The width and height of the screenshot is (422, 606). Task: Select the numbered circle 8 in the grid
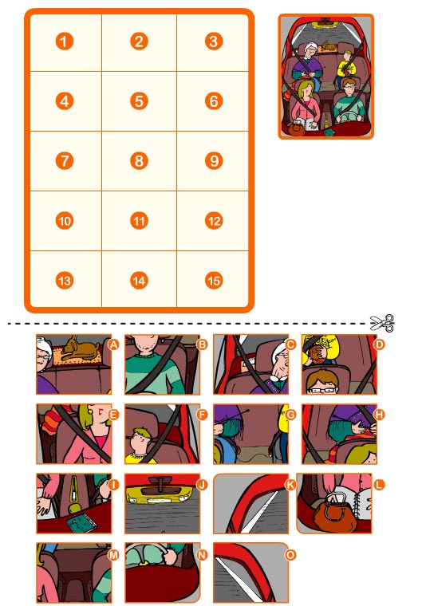140,160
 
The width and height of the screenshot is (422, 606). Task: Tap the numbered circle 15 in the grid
213,280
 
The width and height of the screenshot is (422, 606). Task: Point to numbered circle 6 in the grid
213,100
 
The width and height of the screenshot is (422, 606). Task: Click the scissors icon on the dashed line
382,323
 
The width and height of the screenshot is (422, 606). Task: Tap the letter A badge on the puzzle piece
113,344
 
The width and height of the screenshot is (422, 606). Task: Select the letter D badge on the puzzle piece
380,344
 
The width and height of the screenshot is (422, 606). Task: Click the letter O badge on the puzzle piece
292,553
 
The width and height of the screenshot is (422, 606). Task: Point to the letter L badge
380,483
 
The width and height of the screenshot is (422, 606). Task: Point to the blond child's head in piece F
141,439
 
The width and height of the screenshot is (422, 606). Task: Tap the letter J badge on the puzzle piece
202,483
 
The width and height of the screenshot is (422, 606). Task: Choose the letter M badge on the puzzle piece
113,553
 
